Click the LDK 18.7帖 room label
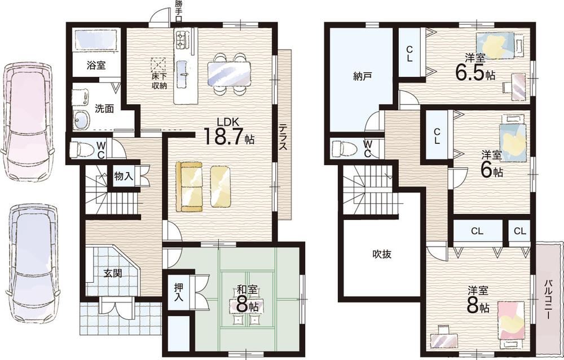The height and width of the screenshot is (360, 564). click(x=229, y=133)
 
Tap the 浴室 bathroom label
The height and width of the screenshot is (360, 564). click(x=96, y=66)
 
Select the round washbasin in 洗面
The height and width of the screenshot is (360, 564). click(x=82, y=119)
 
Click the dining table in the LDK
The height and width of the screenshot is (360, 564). click(x=229, y=74)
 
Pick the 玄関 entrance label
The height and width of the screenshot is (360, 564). click(x=113, y=274)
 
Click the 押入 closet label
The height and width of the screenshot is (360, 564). click(x=179, y=292)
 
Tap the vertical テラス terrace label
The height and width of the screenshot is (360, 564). click(x=284, y=137)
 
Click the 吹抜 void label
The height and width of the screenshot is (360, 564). click(x=382, y=254)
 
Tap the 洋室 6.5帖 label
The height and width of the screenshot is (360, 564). click(x=475, y=67)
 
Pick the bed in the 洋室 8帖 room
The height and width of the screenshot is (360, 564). click(x=511, y=321)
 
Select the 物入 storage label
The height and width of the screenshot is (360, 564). click(x=124, y=177)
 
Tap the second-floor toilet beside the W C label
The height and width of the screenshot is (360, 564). click(x=342, y=148)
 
